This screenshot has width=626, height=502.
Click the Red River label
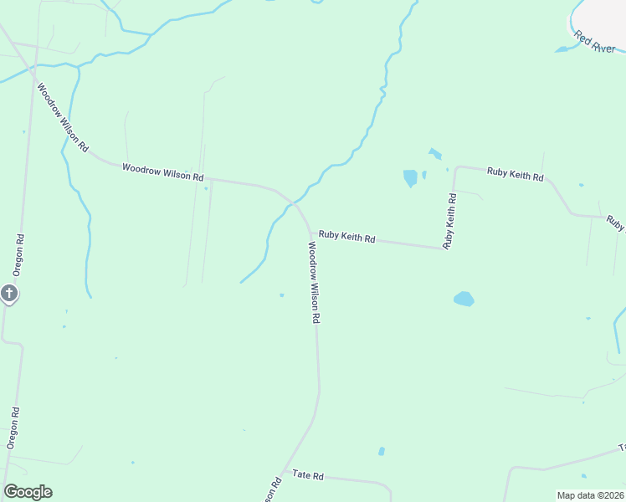coord(594,43)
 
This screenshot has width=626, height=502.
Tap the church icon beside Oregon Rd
coord(8,294)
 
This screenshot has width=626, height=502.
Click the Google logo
coord(28,492)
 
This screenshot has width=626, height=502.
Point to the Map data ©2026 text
coord(590,495)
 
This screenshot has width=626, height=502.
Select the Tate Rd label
coord(308,474)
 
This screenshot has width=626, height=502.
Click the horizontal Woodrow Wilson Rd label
coord(162,172)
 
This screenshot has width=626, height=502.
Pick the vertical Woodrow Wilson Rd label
coord(314,283)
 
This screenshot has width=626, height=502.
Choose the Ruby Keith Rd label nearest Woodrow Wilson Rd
coord(346,238)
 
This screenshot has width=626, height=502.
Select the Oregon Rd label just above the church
coord(18,254)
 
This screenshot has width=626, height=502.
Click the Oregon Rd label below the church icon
coord(13,428)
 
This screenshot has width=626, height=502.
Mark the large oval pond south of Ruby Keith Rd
coord(463,299)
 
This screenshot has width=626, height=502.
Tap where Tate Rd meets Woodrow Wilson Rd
coord(285,470)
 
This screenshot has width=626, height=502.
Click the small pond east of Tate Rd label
coord(382,451)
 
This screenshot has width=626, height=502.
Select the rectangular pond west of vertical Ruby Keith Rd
coord(410,178)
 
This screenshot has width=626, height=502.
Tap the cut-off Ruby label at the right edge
coord(616,223)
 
